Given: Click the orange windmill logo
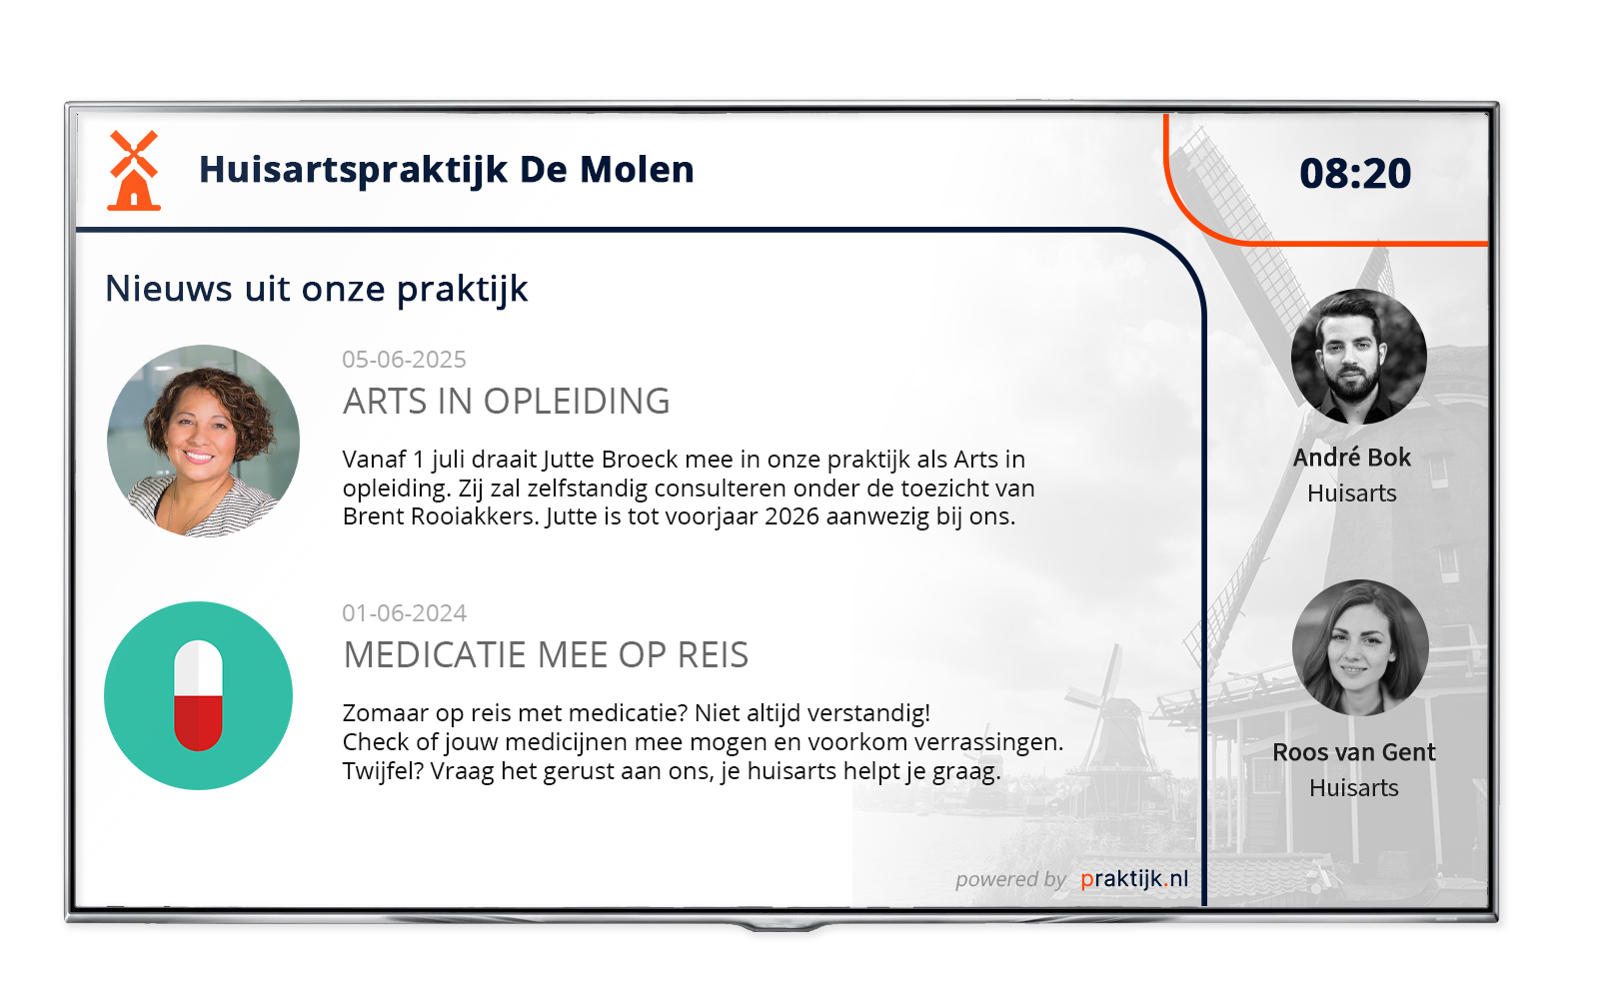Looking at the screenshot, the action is (134, 171).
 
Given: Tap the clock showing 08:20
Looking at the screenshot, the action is (1355, 174).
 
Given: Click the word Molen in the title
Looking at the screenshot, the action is (636, 169).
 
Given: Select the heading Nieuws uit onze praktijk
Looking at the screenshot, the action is (316, 289).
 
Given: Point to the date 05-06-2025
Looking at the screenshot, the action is (404, 359).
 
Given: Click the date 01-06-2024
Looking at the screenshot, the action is (404, 613).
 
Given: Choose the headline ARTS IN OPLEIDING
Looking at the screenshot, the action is (506, 401).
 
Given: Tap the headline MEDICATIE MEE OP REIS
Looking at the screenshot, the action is (546, 654).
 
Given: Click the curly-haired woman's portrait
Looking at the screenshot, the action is (204, 441).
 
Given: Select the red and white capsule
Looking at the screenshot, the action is (199, 695).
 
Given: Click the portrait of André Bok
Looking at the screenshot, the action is (1359, 357).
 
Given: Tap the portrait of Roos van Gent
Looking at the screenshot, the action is (1360, 648).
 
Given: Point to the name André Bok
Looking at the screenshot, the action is (1352, 458).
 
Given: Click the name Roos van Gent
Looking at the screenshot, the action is (1353, 752).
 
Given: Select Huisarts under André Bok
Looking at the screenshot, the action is (1352, 494).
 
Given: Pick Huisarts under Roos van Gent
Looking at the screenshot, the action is (1353, 788).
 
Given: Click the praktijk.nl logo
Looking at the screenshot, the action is (1134, 879).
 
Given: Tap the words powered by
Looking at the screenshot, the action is (1010, 880).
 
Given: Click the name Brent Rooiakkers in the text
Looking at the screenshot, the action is (440, 515).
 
